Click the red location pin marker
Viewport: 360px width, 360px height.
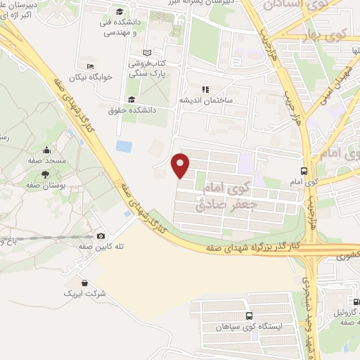181,165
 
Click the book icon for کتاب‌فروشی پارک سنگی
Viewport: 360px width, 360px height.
146,53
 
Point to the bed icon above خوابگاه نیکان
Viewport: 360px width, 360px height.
89,65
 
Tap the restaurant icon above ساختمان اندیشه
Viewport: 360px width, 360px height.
205,89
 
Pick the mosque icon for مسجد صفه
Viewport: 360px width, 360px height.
46,150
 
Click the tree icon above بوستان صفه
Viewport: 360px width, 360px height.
46,173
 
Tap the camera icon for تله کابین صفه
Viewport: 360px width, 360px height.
101,236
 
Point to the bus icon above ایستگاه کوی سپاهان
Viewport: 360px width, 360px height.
248,316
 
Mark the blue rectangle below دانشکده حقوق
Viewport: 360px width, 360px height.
124,147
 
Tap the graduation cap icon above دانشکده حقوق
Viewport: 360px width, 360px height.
131,98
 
